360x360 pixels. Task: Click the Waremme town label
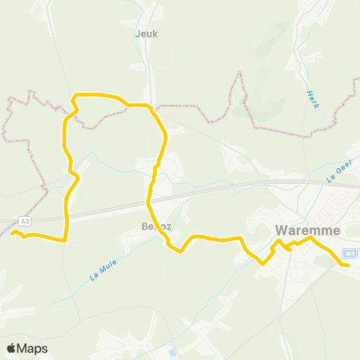tap(307, 230)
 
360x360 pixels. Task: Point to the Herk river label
tap(313, 99)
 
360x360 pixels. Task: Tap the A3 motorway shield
tap(25, 220)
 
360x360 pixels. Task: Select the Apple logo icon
tap(11, 349)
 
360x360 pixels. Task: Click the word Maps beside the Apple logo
tap(32, 349)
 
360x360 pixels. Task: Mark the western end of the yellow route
tap(13, 232)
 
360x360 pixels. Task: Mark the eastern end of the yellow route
tap(348, 265)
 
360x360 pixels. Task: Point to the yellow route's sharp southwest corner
tap(66, 240)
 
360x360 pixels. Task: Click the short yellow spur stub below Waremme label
tap(288, 249)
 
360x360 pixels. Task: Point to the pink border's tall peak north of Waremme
tap(241, 73)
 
